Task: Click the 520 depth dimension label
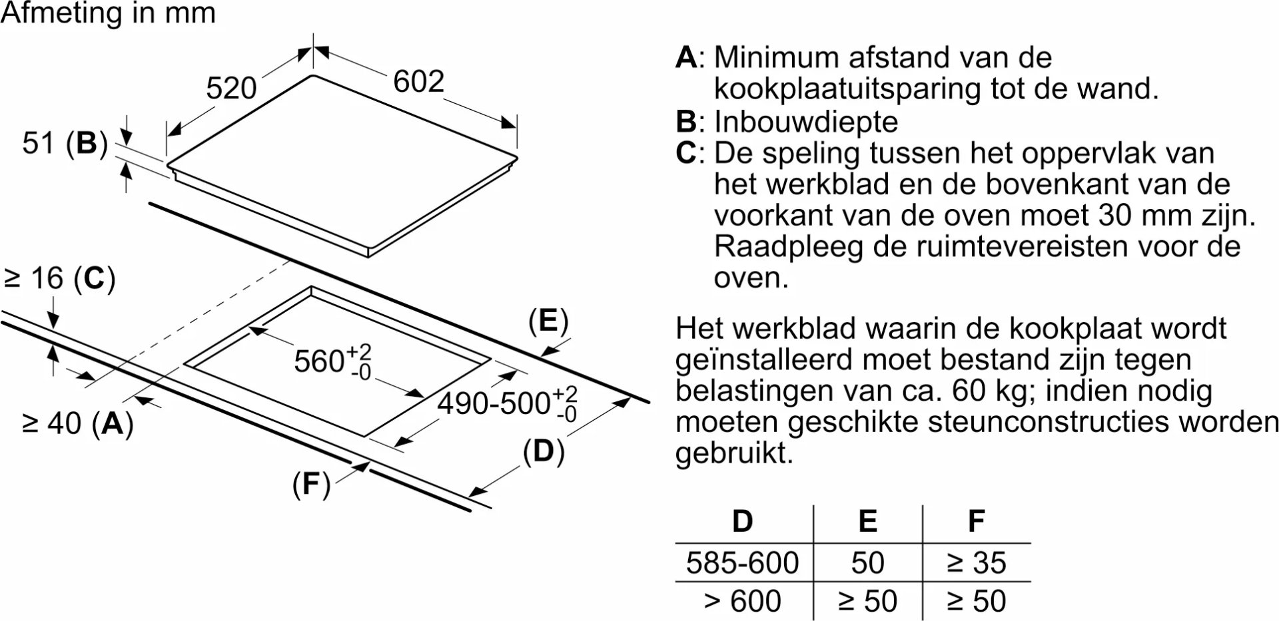click(x=231, y=88)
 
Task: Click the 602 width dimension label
click(x=418, y=81)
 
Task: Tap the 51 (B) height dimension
click(x=65, y=143)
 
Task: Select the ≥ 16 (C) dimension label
click(x=60, y=278)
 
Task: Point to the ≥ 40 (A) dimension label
click(x=78, y=423)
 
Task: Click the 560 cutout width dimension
click(x=332, y=361)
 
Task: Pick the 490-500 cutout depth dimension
click(x=507, y=403)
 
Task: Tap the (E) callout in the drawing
click(x=548, y=321)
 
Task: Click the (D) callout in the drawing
click(x=544, y=452)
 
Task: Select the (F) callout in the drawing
click(x=311, y=485)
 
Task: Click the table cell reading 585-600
click(x=742, y=563)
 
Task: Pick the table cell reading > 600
click(x=742, y=602)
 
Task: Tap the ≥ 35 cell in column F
click(x=977, y=563)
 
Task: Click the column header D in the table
click(x=742, y=521)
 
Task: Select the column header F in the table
click(x=977, y=521)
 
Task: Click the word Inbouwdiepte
click(x=806, y=122)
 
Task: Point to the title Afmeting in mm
click(x=108, y=14)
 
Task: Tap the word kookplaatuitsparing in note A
click(x=847, y=89)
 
